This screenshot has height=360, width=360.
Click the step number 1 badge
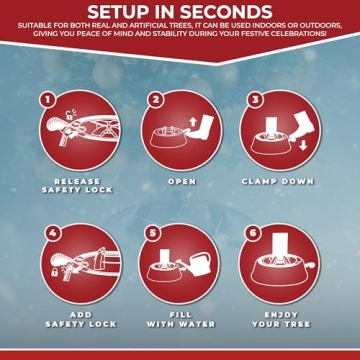pos(48,101)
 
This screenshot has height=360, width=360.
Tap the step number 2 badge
pos(155,100)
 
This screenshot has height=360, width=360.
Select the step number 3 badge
pos(255,100)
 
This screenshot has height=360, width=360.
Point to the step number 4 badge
pos(53,233)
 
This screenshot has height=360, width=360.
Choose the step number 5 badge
pos(153,233)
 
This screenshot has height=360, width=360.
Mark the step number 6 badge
pos(253,233)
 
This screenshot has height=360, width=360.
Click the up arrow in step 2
pos(192,123)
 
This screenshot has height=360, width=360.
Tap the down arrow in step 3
pos(303,145)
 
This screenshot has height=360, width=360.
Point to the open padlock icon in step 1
pos(69,115)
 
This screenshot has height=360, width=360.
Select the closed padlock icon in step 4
pos(54,271)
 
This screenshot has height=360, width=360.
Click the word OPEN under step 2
pos(182,182)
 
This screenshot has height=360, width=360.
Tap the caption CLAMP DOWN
pos(278,182)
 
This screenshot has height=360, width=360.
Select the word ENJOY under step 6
pos(281,315)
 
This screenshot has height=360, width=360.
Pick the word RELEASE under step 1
pos(77,182)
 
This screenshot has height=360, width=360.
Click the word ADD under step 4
pos(81,315)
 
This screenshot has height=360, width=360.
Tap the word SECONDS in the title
pos(225,12)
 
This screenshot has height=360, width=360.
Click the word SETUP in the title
pos(117,12)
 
